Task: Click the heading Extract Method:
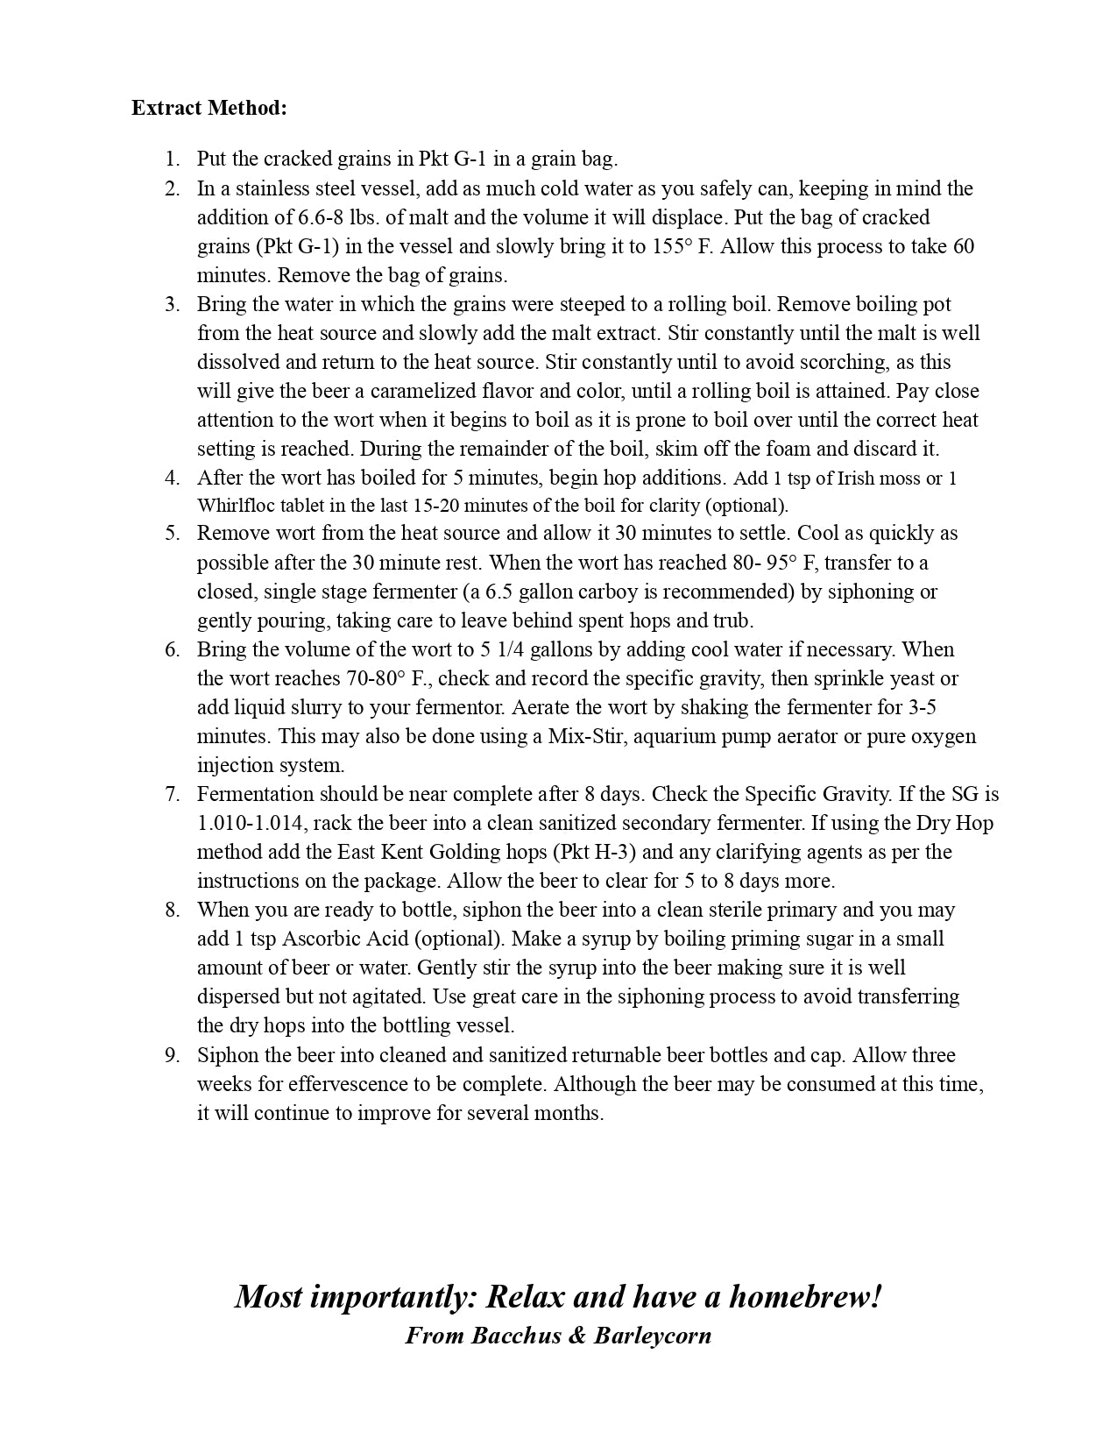[x=209, y=108]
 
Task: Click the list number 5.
[x=172, y=533]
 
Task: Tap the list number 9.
[x=172, y=1055]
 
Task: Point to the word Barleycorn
[x=653, y=1336]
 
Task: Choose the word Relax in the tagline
[x=526, y=1296]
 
